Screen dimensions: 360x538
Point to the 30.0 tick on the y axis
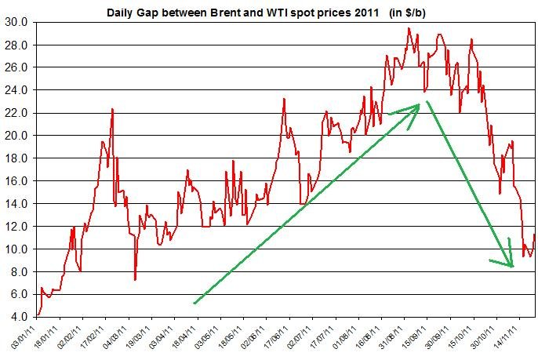[x=16, y=22]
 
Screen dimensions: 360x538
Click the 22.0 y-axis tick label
[x=16, y=113]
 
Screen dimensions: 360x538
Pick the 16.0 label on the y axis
[x=16, y=181]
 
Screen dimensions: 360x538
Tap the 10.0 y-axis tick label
[x=16, y=249]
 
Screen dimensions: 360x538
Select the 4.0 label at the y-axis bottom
[x=19, y=317]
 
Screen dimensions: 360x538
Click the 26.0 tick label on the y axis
[x=16, y=67]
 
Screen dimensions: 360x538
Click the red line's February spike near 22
[x=113, y=109]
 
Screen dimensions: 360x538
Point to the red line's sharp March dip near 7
[x=135, y=279]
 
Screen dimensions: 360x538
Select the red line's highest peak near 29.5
[x=409, y=28]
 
